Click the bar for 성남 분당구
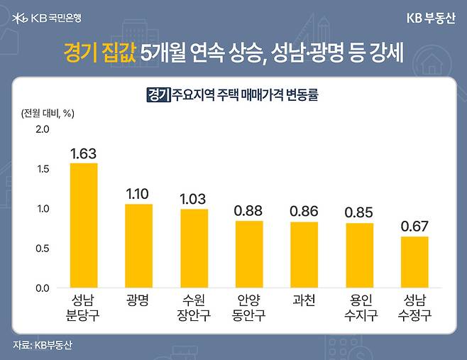pyautogui.click(x=83, y=225)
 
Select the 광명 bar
pyautogui.click(x=138, y=246)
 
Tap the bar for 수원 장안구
pyautogui.click(x=194, y=249)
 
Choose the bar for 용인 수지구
pyautogui.click(x=360, y=256)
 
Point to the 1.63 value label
pyautogui.click(x=83, y=153)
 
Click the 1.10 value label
pyautogui.click(x=138, y=194)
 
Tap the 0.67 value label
pyautogui.click(x=414, y=227)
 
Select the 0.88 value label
pyautogui.click(x=249, y=211)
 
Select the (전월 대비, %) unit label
pyautogui.click(x=44, y=112)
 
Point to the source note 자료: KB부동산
pyautogui.click(x=43, y=346)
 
